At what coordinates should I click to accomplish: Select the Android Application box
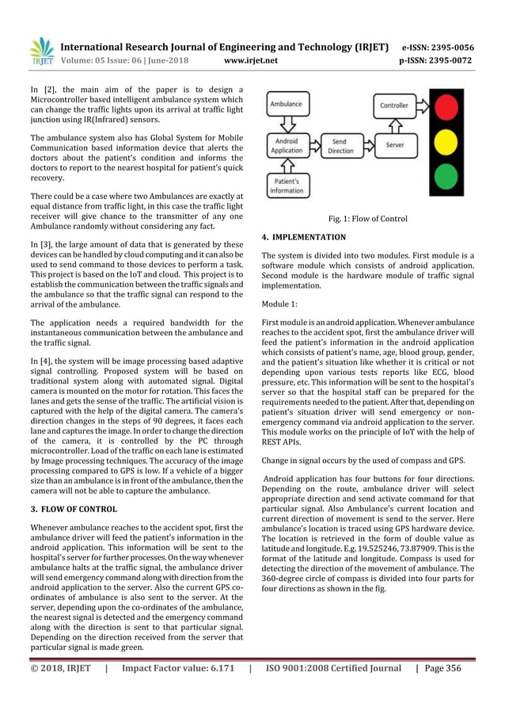[287, 146]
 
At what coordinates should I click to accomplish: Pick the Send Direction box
[340, 146]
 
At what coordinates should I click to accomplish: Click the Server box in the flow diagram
[394, 146]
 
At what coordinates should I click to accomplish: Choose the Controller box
[394, 105]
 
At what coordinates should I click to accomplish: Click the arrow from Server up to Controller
[394, 125]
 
